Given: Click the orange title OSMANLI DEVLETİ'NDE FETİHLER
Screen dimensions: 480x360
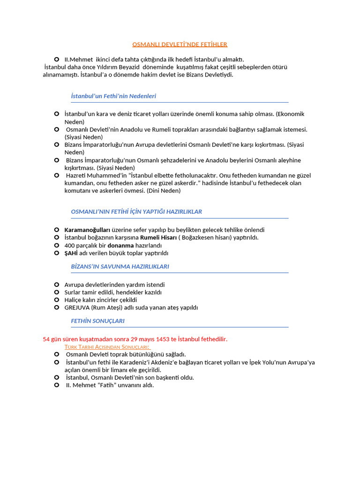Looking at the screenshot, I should point(180,45).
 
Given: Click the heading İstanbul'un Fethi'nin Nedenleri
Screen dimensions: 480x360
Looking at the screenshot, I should point(113,96).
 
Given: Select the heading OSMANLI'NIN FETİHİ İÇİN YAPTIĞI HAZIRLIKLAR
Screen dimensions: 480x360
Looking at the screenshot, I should point(136,212).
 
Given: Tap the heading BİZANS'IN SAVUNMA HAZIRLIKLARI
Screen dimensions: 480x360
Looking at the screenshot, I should point(120,267).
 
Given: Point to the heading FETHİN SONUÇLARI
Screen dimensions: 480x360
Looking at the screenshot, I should point(97,321).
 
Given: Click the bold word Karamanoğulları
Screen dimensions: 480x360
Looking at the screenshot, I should point(87,230).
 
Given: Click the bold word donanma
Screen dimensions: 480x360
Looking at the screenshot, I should point(120,245).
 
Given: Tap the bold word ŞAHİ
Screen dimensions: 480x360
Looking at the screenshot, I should point(71,253).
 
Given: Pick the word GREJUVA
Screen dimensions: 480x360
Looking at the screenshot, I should point(77,308).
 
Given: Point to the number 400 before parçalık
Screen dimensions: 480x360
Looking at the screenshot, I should point(69,245).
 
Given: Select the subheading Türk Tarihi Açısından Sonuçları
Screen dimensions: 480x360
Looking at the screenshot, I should point(107,346).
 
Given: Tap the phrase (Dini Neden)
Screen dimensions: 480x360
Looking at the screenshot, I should point(164,191).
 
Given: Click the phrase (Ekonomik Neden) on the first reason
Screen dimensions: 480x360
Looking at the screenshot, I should point(290,114).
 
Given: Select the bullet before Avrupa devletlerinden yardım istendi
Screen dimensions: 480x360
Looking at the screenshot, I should point(56,285).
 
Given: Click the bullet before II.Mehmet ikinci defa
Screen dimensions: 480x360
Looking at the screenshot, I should point(56,59).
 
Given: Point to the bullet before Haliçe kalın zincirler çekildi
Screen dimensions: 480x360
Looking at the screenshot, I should point(56,300).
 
